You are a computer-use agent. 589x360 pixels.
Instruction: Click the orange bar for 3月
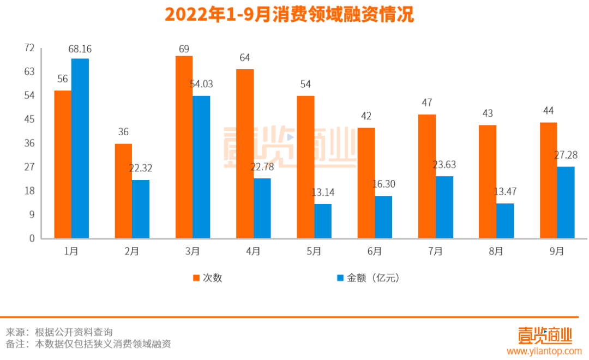tap(184, 147)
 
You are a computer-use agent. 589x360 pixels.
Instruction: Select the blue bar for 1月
tap(80, 148)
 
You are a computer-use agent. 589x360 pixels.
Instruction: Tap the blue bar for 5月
tap(323, 221)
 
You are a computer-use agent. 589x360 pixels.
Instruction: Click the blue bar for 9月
tap(566, 202)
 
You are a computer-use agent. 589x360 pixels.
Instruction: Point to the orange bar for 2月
tap(123, 191)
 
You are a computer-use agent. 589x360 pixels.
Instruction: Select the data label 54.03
tap(201, 85)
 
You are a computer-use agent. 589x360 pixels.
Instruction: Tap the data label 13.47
tap(504, 192)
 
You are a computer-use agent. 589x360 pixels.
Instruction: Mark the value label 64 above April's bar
tap(245, 58)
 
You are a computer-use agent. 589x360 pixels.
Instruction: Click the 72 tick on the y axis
tap(29, 48)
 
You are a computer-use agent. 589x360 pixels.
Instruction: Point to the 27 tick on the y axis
tap(29, 167)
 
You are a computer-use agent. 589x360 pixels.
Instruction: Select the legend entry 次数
tap(207, 278)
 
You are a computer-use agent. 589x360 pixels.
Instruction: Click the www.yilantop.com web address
tap(545, 352)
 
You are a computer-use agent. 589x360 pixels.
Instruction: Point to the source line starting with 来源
tap(59, 332)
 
